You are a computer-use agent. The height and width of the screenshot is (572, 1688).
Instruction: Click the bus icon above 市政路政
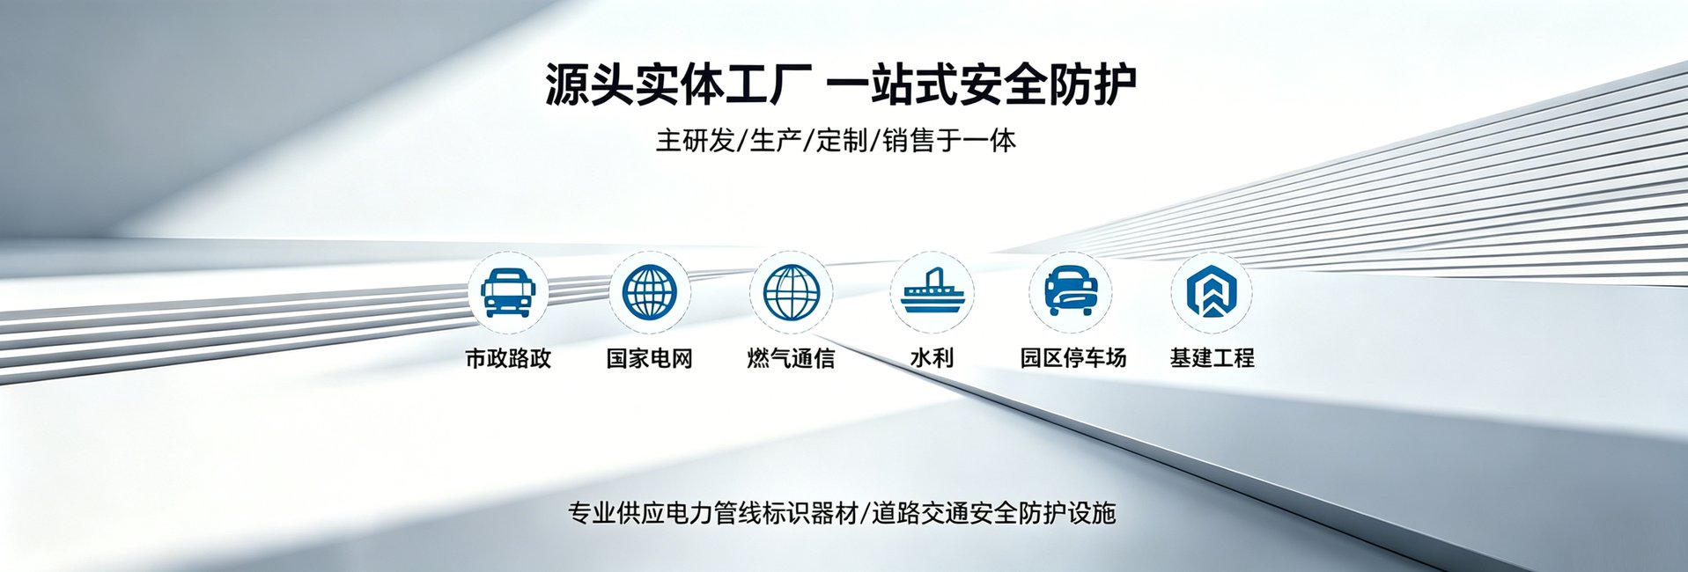pos(508,292)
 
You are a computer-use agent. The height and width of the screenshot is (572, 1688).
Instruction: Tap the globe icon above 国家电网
pos(649,292)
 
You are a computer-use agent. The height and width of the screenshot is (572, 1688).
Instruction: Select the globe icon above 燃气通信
pos(791,292)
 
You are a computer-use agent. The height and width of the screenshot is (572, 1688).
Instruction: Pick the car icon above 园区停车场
pos(1071,290)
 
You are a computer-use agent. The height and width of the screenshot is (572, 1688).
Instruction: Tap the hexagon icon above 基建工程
pos(1212,291)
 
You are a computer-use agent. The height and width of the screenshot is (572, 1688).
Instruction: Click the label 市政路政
pos(508,358)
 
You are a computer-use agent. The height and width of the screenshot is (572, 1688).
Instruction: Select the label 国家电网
pos(649,358)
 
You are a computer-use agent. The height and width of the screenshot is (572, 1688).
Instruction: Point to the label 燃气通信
pos(791,358)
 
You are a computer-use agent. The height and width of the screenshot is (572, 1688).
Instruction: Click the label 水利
pos(932,357)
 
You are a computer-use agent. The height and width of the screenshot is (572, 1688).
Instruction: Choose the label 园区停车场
pos(1073,357)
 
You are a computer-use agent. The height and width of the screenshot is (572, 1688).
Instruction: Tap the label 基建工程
pos(1212,357)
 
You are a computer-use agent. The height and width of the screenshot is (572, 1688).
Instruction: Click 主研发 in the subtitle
pos(695,141)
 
